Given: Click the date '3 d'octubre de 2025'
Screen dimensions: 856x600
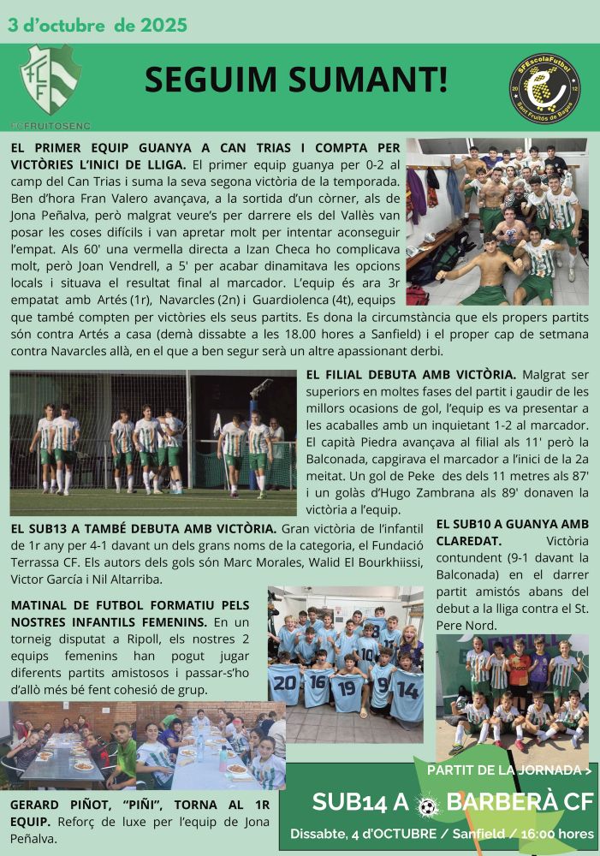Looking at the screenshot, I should (x=98, y=25).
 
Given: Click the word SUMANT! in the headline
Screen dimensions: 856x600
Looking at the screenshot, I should (x=371, y=80).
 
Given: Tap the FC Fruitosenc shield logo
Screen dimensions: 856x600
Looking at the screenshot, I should (x=50, y=80).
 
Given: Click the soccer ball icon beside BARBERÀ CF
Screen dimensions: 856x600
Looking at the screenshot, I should (x=428, y=804).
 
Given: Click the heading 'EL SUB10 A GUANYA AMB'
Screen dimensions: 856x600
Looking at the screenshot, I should (x=512, y=524).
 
